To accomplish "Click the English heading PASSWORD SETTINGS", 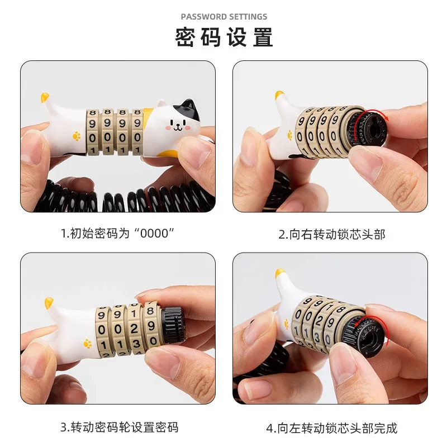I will [224, 17].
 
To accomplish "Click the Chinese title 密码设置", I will [224, 38].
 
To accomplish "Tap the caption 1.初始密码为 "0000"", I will [118, 234].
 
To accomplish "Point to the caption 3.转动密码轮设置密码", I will [119, 427].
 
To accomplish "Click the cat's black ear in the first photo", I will [191, 107].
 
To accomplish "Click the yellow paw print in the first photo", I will [77, 135].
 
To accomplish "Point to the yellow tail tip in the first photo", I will [44, 98].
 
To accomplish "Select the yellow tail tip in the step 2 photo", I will [279, 97].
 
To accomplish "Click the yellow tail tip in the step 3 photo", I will [49, 303].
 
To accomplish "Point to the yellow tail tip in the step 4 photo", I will [280, 273].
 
